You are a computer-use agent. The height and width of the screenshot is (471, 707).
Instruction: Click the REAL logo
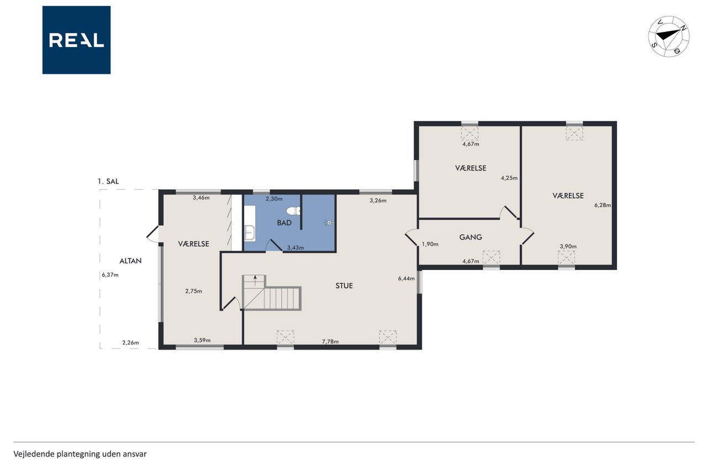point(76,40)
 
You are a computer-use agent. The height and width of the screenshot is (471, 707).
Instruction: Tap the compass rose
point(669,36)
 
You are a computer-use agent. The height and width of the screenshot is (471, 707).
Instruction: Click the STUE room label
point(344,286)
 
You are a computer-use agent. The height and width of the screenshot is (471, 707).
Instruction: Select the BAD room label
point(284,223)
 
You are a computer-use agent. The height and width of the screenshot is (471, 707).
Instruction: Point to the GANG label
point(471,237)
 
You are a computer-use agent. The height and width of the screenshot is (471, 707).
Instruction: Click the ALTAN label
point(130,261)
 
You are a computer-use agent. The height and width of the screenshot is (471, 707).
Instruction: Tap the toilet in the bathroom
point(293,211)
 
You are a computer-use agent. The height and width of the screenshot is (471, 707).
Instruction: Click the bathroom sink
point(250,233)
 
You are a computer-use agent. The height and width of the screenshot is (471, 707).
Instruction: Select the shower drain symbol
point(329,223)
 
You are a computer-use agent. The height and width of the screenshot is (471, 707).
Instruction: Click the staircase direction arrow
point(255,280)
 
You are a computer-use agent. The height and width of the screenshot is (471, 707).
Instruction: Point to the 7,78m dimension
point(330,341)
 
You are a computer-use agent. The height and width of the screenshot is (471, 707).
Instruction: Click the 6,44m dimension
point(406,278)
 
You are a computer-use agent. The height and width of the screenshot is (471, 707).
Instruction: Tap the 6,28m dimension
point(603,205)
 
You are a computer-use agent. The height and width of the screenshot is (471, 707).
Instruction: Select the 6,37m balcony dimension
point(110,275)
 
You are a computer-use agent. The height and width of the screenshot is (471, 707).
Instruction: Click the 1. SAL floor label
point(108,182)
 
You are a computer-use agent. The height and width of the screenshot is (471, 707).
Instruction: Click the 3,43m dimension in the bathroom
point(296,247)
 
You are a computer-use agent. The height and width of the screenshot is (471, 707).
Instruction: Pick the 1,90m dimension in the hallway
point(430,244)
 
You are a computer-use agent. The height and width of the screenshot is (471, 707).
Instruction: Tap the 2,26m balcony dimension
point(130,342)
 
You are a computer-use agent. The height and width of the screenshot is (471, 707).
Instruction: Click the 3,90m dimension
point(568,246)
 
